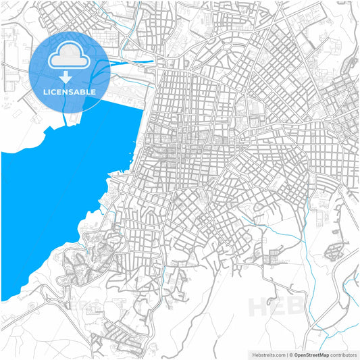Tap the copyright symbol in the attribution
click(x=291, y=354)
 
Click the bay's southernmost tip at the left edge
click(x=3, y=299)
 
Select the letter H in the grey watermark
click(x=259, y=307)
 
